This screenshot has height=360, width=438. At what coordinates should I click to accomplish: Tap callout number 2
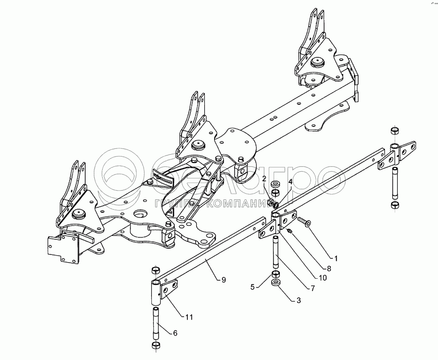coord(264,180)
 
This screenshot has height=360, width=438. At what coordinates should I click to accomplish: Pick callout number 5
coord(253,286)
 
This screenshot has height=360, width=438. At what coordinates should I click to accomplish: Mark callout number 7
coord(312,288)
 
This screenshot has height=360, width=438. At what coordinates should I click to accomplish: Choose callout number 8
coord(329,268)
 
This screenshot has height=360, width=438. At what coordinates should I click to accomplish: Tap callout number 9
coord(223,280)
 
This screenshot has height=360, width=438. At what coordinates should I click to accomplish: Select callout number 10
coord(323,278)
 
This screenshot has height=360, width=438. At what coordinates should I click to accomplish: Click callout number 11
coord(189,317)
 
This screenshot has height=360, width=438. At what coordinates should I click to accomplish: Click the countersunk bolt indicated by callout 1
coord(303,222)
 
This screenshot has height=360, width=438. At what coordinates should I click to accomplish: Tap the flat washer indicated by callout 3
coord(276,283)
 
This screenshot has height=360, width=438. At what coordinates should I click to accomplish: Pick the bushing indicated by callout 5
coord(275,275)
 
